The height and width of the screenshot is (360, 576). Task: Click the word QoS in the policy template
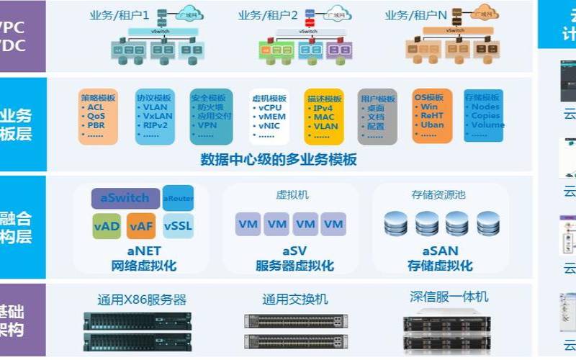pyautogui.click(x=97, y=115)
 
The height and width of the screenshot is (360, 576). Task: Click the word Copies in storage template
pyautogui.click(x=486, y=115)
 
